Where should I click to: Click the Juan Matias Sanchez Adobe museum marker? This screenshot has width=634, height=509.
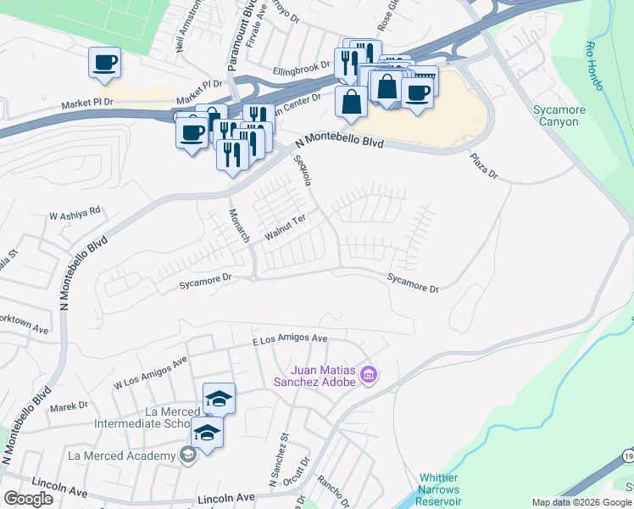(369, 374)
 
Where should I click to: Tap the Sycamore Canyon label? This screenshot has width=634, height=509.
(556, 115)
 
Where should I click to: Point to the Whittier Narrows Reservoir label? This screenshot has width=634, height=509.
(439, 495)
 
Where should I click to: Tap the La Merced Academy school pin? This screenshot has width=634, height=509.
(188, 456)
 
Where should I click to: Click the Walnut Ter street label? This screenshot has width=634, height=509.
(285, 225)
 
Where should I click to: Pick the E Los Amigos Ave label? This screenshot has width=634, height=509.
(291, 339)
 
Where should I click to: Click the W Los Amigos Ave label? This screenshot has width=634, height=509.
(150, 373)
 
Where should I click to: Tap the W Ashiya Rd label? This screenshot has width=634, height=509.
(75, 213)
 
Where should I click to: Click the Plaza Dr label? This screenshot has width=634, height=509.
(485, 166)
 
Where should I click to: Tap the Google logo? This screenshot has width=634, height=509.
(28, 499)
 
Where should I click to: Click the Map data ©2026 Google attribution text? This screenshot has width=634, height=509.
(581, 502)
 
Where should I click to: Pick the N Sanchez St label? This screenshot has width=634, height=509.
(280, 472)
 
